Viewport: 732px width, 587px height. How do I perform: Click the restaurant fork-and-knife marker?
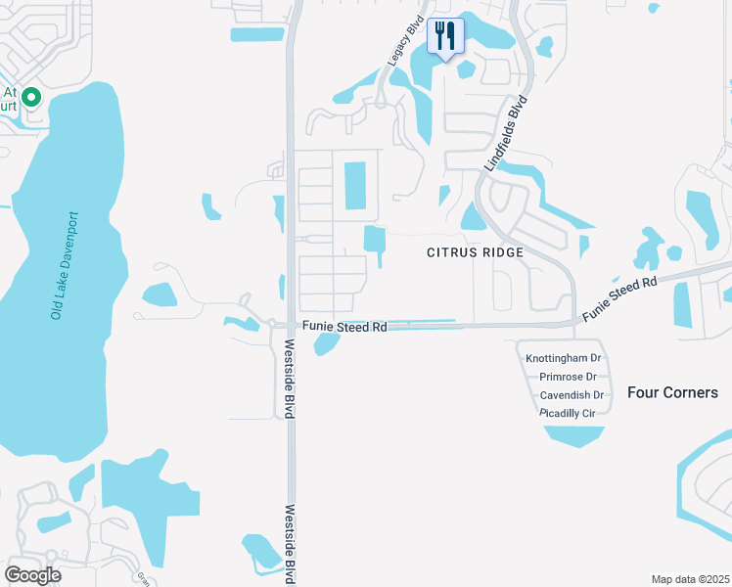[445, 37]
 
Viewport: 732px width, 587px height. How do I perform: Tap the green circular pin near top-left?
[30, 97]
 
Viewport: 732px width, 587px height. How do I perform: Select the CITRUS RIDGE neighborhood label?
[475, 252]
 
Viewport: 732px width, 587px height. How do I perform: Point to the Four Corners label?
[671, 392]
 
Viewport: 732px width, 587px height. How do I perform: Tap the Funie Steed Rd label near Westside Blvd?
[344, 327]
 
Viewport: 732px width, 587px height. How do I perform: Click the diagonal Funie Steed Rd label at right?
[619, 299]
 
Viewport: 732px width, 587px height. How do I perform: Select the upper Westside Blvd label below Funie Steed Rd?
[291, 380]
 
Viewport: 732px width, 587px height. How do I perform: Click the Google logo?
[32, 575]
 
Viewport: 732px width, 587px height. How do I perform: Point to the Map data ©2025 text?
[690, 579]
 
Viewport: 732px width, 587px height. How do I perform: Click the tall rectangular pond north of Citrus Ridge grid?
[354, 185]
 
